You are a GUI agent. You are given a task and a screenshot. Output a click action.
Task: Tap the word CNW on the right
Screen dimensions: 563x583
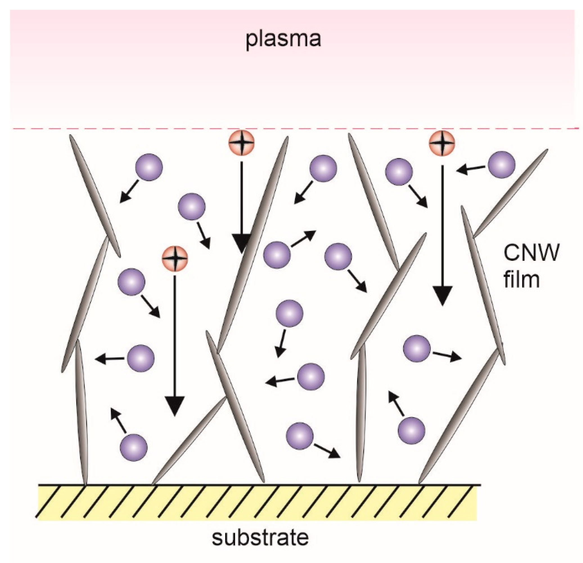[x=531, y=253]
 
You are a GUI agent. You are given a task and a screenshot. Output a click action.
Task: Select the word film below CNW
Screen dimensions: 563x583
[x=521, y=280]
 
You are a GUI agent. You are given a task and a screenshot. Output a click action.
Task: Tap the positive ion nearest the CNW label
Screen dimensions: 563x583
[x=442, y=143]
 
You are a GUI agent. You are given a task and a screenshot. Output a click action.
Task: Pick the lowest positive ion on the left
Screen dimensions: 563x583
[x=175, y=258]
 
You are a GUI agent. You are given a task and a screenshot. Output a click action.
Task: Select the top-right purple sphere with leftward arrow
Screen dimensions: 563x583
[x=502, y=165]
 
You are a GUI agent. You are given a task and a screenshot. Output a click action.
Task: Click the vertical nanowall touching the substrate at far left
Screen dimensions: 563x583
[x=82, y=416]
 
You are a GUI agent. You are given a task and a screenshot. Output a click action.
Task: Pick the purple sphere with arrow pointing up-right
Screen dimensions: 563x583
[x=277, y=255]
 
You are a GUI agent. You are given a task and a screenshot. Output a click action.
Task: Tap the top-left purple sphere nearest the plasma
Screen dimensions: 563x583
[x=149, y=167]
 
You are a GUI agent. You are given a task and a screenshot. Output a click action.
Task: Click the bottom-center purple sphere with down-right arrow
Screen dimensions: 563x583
[x=300, y=435]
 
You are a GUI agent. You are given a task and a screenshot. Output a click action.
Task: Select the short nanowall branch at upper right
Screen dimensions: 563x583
[x=510, y=193]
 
